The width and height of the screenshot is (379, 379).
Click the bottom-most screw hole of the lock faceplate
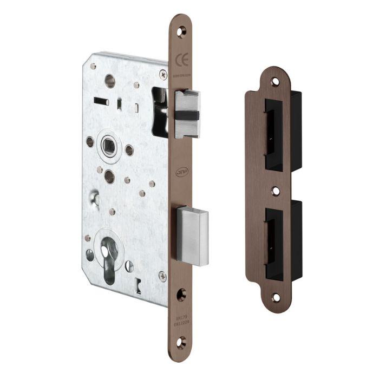[181, 341]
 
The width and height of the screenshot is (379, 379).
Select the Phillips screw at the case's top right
[162, 74]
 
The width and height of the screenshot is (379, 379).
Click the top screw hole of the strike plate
[275, 82]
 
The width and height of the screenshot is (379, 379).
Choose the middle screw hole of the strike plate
[275, 191]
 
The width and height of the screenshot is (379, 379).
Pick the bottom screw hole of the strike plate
[276, 297]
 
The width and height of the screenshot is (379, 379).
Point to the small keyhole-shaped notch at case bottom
[140, 283]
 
